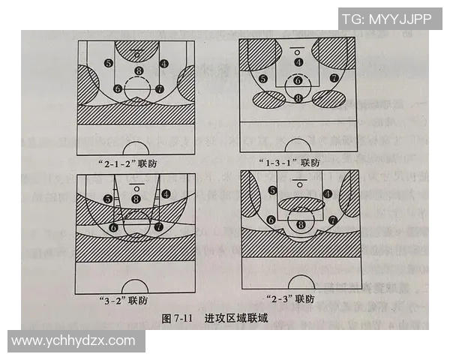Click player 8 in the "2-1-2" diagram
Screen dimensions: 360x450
[137, 71]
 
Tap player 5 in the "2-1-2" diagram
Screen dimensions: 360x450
[109, 64]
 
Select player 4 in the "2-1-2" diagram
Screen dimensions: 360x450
[164, 64]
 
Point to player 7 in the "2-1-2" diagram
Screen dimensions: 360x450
[159, 88]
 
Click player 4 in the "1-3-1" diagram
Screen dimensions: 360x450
[298, 62]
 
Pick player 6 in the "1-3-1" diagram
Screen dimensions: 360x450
[298, 80]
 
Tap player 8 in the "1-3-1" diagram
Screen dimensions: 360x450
[298, 97]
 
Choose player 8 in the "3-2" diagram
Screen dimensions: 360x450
[136, 198]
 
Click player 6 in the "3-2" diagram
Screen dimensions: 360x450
[113, 226]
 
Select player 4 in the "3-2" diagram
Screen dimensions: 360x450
[165, 193]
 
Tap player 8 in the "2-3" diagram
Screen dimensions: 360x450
[301, 223]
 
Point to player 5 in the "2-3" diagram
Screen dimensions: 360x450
[271, 191]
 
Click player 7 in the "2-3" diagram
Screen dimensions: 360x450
[332, 220]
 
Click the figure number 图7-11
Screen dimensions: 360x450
[178, 318]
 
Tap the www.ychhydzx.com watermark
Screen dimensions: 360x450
[73, 340]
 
